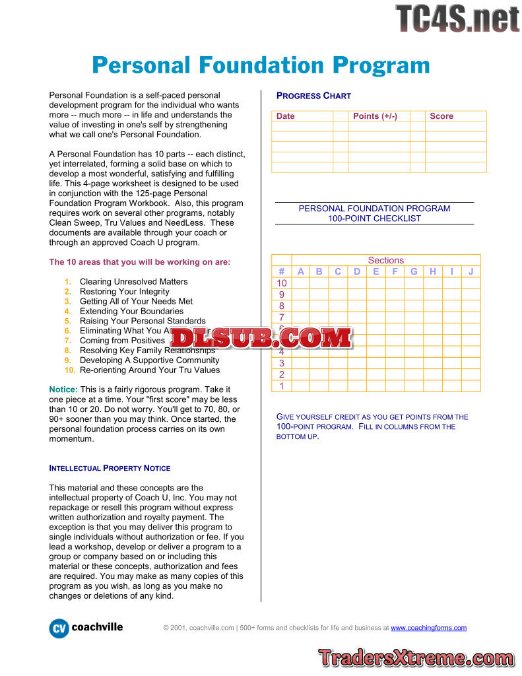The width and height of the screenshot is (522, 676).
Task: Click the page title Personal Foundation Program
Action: (261, 65)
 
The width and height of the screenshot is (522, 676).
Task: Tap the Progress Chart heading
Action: (313, 96)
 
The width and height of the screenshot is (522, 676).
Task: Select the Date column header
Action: (286, 116)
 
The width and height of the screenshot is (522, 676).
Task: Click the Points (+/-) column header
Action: (375, 116)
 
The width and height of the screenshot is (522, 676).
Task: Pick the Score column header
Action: (441, 116)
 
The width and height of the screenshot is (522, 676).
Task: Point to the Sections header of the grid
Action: (385, 260)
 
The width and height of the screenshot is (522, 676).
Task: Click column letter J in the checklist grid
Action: (471, 271)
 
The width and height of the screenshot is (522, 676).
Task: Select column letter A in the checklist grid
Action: (300, 271)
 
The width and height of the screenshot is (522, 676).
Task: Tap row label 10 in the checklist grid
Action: (281, 283)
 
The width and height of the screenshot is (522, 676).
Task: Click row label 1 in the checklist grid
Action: (281, 386)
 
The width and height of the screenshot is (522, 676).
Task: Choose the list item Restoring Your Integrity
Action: (125, 291)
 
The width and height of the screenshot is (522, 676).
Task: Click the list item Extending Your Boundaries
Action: (131, 311)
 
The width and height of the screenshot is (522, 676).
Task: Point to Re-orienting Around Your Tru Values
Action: (150, 370)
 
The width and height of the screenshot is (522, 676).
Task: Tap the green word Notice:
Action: (63, 389)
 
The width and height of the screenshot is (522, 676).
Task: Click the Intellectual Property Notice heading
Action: (110, 468)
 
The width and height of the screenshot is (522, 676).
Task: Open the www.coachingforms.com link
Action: (428, 628)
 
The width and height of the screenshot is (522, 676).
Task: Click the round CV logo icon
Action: (59, 628)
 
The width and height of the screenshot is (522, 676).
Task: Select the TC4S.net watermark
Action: (457, 18)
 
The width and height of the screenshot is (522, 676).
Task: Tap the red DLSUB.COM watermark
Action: (261, 337)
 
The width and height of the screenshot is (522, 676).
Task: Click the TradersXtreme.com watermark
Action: (416, 658)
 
